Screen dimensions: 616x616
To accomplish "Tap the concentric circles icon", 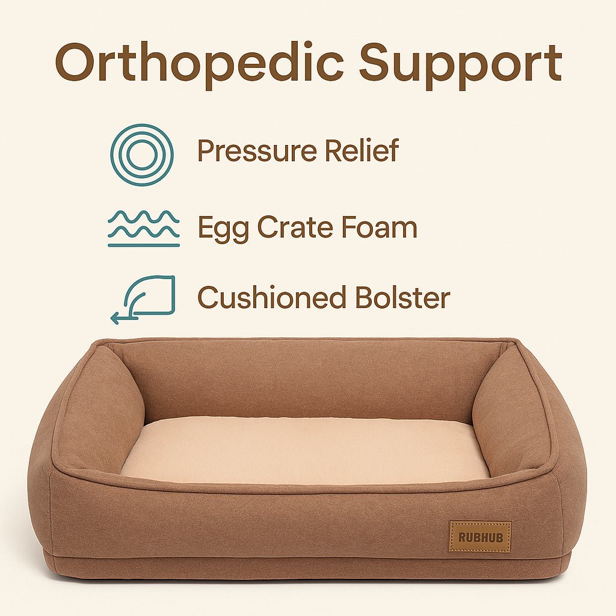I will pyautogui.click(x=142, y=155).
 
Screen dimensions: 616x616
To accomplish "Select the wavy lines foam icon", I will pyautogui.click(x=144, y=229).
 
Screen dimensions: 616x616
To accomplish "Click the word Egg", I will pyautogui.click(x=223, y=229).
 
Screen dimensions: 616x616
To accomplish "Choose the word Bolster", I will pyautogui.click(x=402, y=298).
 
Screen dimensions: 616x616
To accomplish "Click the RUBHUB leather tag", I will pyautogui.click(x=479, y=537).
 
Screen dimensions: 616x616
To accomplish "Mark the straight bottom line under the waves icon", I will pyautogui.click(x=144, y=245).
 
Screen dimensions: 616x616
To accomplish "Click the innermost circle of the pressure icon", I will pyautogui.click(x=142, y=155).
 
